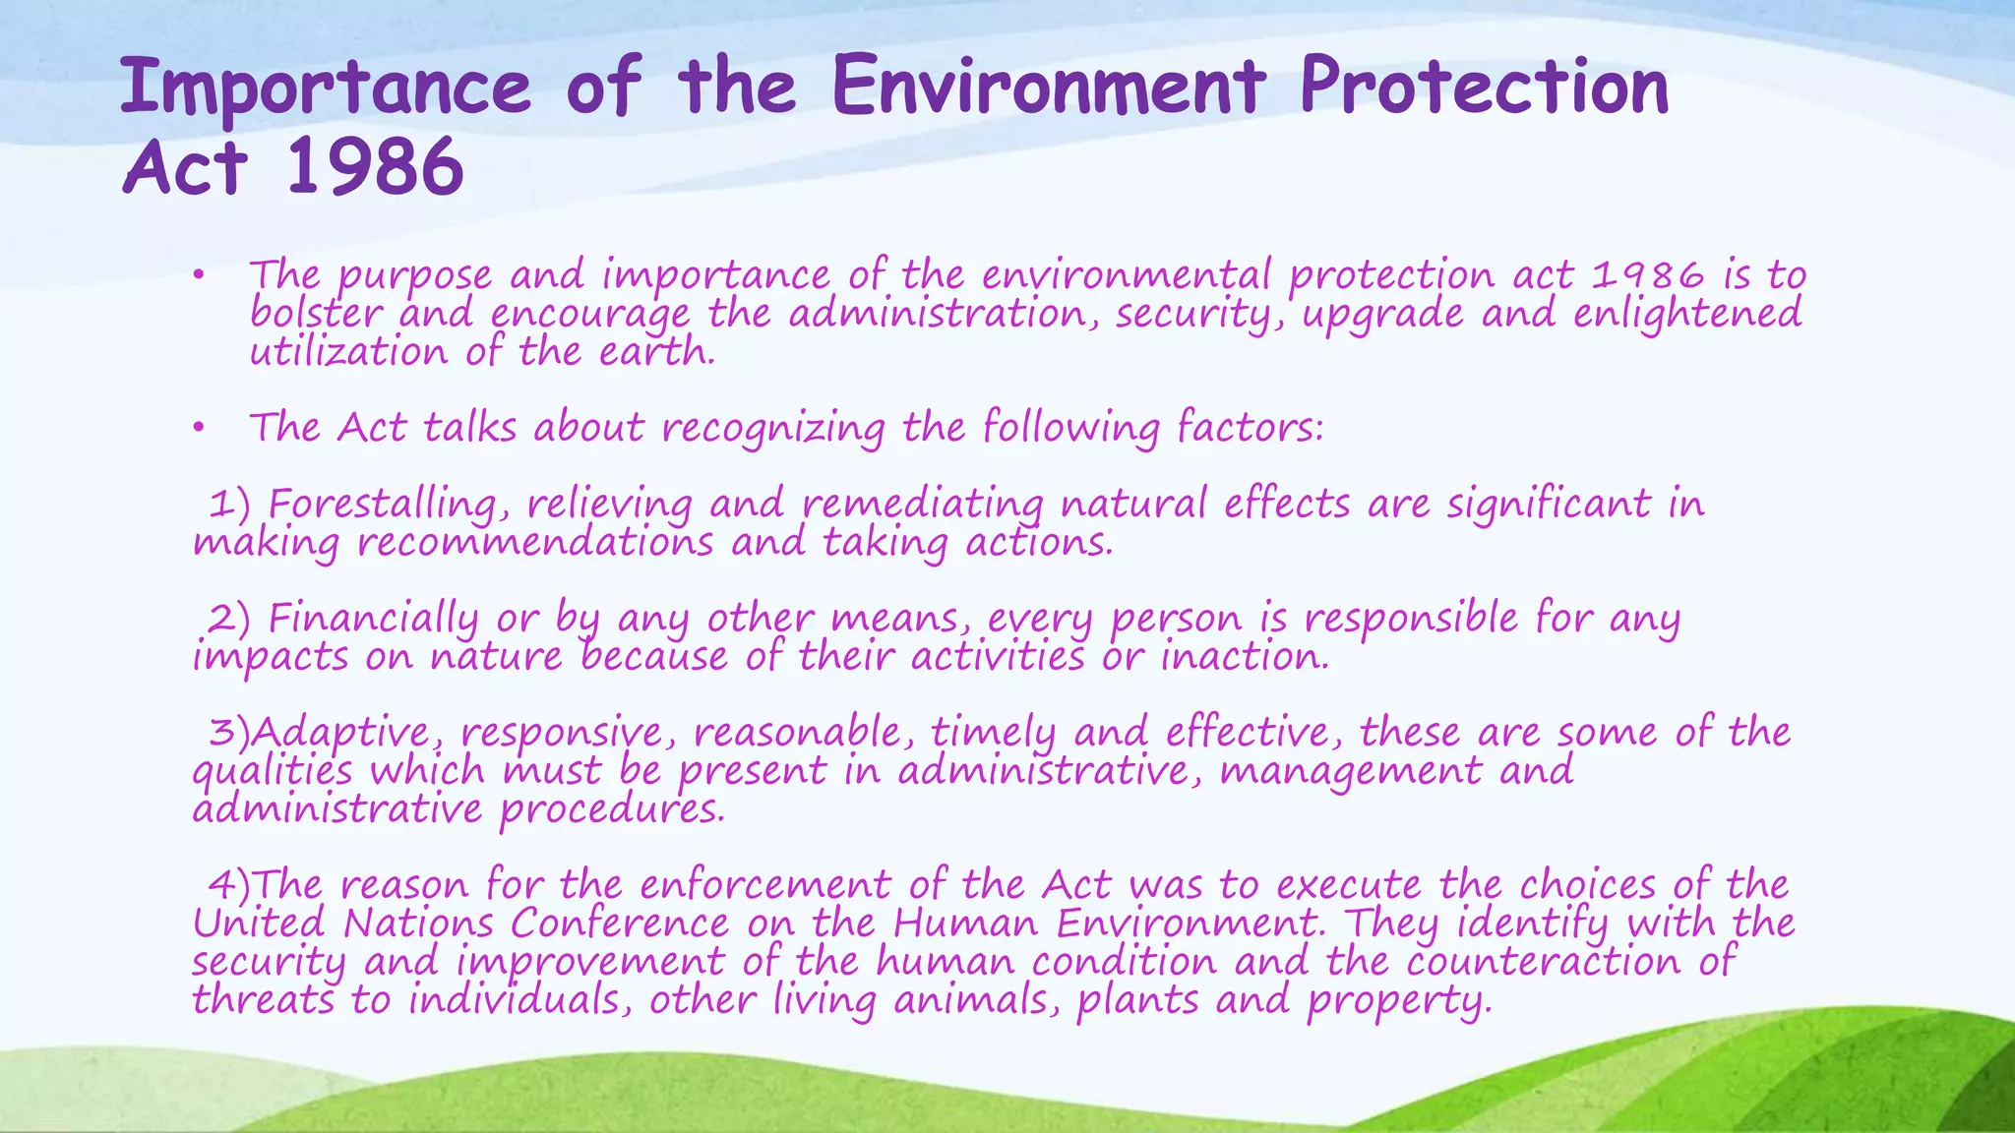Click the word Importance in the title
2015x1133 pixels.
point(325,89)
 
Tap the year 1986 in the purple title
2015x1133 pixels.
point(374,167)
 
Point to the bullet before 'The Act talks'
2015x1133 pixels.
point(198,428)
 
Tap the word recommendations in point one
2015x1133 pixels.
point(534,543)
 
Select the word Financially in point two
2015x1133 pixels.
point(374,619)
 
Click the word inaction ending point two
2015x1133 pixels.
point(1245,657)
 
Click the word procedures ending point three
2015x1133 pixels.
point(612,810)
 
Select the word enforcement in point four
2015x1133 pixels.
point(765,885)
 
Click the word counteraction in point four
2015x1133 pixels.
point(1543,962)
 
